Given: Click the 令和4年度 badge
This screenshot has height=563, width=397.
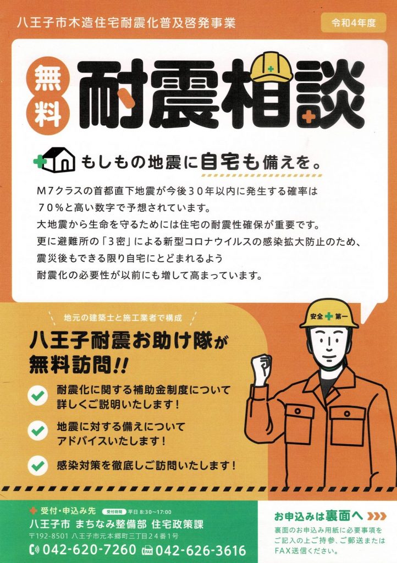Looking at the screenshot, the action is (354, 23).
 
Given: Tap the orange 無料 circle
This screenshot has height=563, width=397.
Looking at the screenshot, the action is (48, 96).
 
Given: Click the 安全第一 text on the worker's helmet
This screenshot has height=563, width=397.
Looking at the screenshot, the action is (329, 316).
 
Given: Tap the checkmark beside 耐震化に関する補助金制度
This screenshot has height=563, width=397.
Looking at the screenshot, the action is (38, 396).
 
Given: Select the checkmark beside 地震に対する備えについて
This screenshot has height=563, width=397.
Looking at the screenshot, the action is (38, 431).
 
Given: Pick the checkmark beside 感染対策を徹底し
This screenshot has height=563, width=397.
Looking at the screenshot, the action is (38, 466).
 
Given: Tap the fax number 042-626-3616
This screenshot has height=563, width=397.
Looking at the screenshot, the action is (201, 550).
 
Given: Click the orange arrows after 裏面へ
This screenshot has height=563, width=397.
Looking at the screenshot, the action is (377, 516).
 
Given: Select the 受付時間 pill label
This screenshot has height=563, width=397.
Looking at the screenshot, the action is (114, 512).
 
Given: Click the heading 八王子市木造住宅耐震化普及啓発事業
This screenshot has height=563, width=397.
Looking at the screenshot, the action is (126, 23).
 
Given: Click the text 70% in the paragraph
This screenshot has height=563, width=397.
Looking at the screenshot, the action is (50, 207).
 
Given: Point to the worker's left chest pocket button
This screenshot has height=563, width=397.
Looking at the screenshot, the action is (347, 413).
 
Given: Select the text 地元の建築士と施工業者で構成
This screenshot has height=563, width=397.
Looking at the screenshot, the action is (123, 317).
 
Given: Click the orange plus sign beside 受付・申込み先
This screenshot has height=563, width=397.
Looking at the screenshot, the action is (34, 510).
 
